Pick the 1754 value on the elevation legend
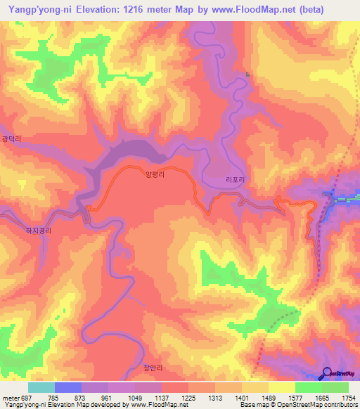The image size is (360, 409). click(x=348, y=398)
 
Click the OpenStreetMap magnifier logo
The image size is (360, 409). click(x=327, y=372)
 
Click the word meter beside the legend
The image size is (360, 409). click(x=9, y=398)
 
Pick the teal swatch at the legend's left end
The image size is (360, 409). click(x=41, y=387)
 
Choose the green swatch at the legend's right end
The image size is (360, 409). click(x=335, y=387)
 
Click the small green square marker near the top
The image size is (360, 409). click(x=247, y=74)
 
